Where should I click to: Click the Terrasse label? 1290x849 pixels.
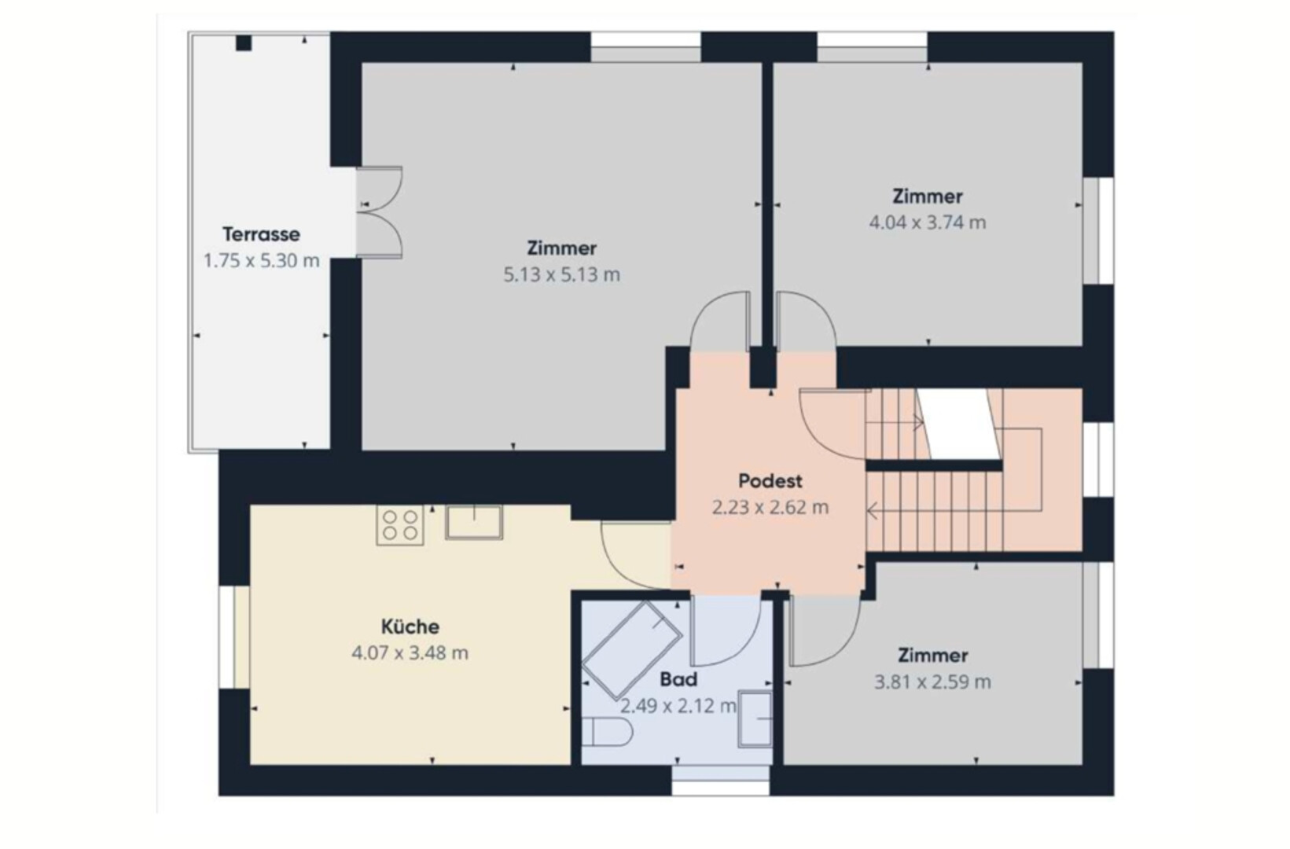[261, 234]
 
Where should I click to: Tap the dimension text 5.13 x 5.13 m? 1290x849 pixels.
[561, 274]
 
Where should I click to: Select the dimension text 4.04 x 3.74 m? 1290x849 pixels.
[927, 222]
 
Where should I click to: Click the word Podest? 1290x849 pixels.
[770, 481]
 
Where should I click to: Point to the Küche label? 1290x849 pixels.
[410, 627]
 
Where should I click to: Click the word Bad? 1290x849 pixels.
[678, 680]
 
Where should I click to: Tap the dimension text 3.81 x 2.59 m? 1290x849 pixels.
[932, 682]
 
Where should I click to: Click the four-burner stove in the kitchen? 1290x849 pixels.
[399, 524]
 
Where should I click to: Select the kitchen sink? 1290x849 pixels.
[474, 522]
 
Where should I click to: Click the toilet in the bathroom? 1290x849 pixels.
[606, 733]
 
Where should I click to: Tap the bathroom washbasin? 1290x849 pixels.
[755, 719]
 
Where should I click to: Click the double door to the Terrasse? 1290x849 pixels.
[379, 212]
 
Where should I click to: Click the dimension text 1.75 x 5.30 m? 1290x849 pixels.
[261, 261]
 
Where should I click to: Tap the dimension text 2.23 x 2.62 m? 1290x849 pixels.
[770, 508]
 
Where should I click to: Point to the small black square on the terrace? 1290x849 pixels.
[244, 43]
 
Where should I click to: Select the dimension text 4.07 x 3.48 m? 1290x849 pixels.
[410, 653]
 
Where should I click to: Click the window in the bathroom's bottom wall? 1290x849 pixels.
[720, 781]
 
